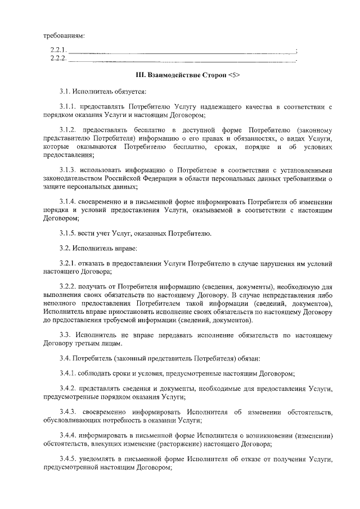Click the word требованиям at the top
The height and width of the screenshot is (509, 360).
[64, 37]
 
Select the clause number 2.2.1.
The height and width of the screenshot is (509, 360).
[58, 51]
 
